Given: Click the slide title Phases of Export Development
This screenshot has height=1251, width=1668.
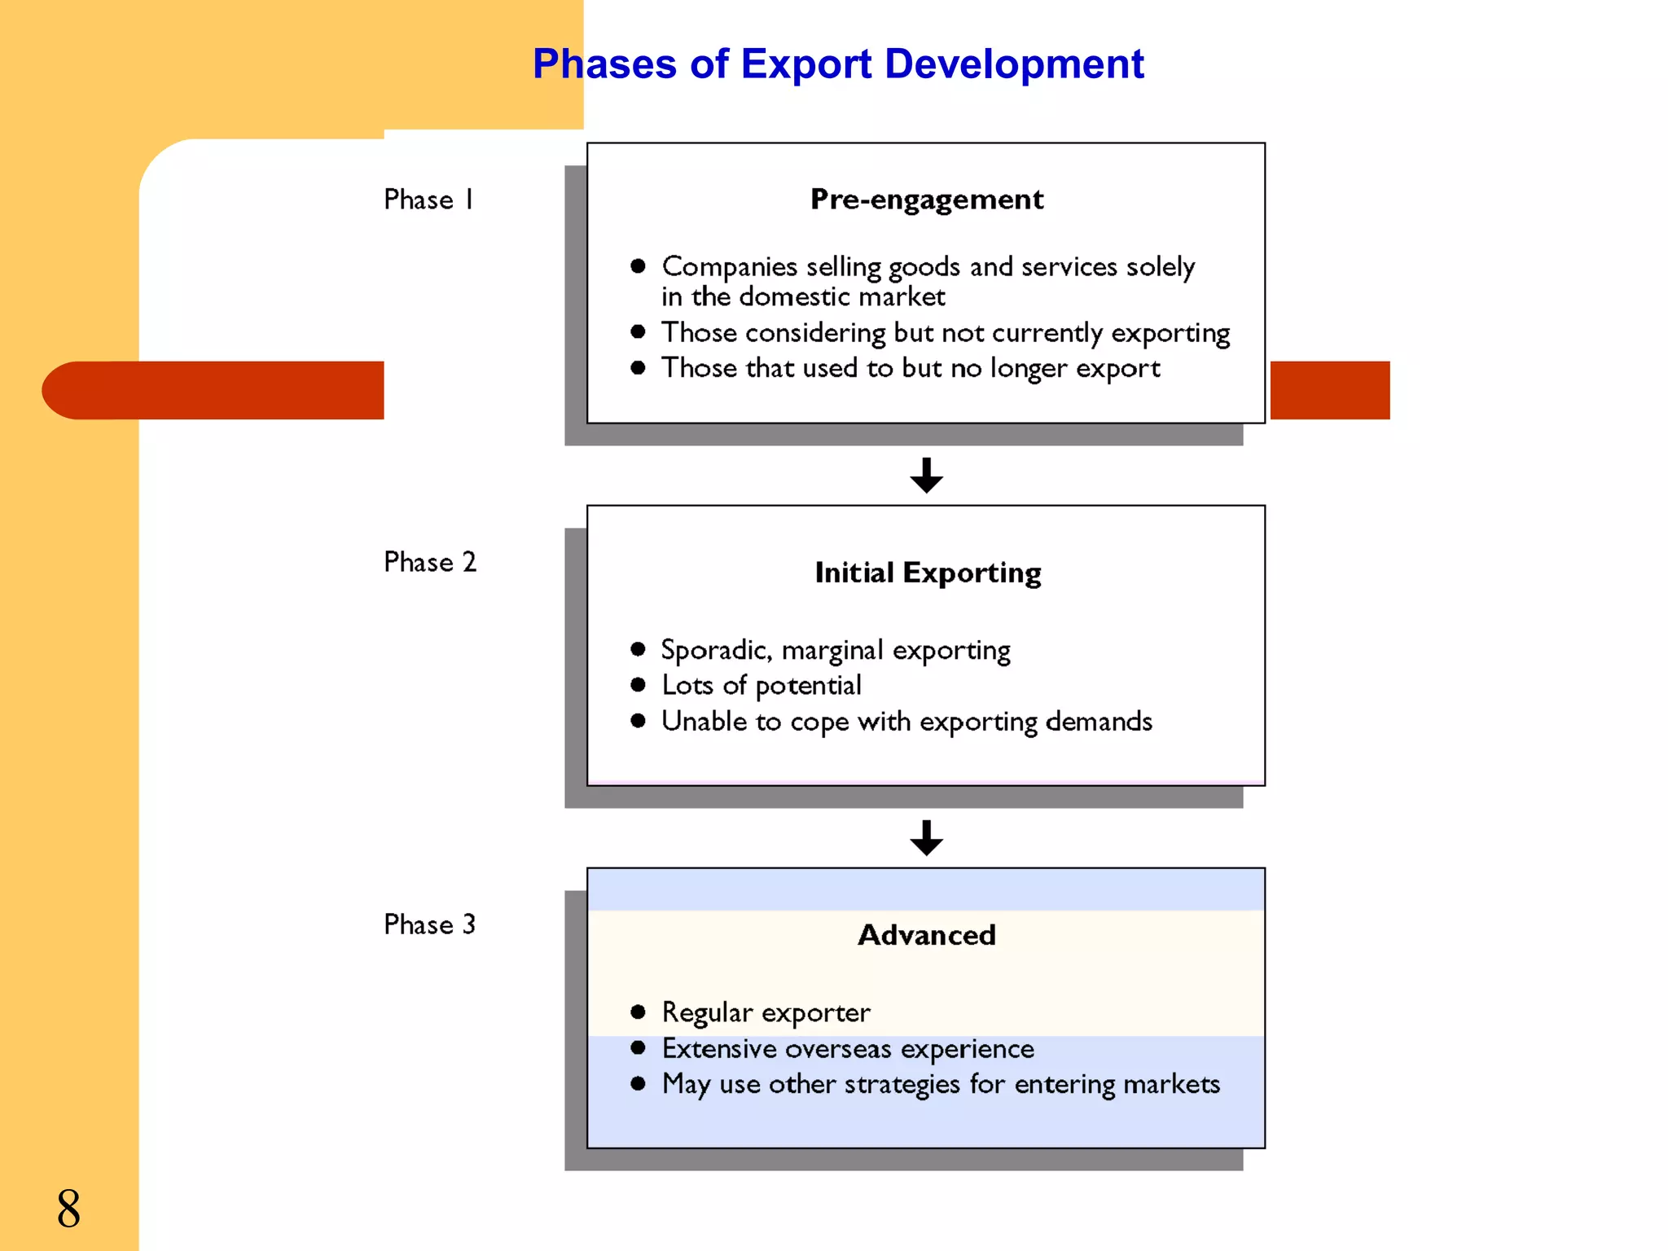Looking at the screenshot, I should click(838, 64).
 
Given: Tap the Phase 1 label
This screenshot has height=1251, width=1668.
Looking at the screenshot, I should click(428, 200).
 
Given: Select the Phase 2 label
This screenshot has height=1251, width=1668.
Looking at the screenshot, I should click(429, 562).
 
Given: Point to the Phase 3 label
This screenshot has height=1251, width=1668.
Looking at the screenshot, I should click(429, 924).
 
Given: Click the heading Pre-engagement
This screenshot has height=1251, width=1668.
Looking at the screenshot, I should click(926, 200).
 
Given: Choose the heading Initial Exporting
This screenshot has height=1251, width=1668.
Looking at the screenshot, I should click(928, 573).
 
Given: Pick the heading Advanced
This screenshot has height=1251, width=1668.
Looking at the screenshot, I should click(926, 935).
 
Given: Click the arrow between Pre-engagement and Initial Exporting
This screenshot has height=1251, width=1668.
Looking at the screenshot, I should click(926, 475).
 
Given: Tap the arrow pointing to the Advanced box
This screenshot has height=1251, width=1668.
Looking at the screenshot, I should click(926, 837).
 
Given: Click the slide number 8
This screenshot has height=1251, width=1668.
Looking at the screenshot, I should click(68, 1208).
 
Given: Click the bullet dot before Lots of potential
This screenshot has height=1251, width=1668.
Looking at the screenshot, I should click(638, 685).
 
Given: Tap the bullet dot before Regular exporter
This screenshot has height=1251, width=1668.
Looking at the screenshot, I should click(638, 1012).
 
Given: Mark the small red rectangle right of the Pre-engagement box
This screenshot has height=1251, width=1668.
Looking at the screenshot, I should click(1329, 390).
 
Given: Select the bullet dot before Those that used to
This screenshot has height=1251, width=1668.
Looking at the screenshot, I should click(638, 368).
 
